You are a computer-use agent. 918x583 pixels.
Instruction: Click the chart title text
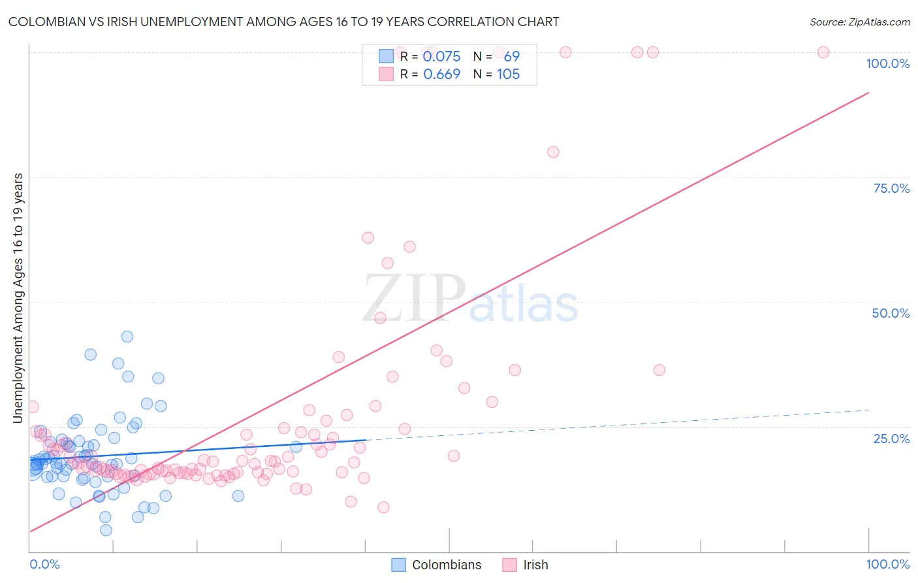click(283, 22)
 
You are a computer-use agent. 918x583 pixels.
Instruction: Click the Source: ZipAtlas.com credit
click(859, 22)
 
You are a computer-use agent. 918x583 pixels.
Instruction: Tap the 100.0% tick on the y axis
click(887, 63)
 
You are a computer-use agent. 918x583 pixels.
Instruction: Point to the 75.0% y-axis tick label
click(891, 188)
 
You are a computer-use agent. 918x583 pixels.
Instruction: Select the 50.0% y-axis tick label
click(891, 313)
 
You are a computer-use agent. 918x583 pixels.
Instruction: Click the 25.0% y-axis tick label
click(891, 439)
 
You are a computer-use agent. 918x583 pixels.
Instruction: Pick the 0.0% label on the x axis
click(44, 564)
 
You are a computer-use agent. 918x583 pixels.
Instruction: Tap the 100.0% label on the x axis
click(887, 564)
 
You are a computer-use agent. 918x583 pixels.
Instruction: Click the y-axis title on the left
click(18, 298)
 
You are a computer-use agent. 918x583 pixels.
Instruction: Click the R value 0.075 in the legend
click(441, 57)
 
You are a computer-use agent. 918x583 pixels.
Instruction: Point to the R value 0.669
click(441, 75)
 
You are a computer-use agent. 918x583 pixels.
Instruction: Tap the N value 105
click(508, 75)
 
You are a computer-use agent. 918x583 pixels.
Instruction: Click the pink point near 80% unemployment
click(553, 152)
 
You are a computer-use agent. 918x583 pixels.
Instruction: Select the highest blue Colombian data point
click(127, 337)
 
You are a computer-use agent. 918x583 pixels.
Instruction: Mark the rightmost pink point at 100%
click(823, 52)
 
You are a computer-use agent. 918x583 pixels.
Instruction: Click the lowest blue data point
click(106, 530)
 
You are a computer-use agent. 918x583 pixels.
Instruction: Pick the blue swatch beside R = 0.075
click(386, 56)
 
